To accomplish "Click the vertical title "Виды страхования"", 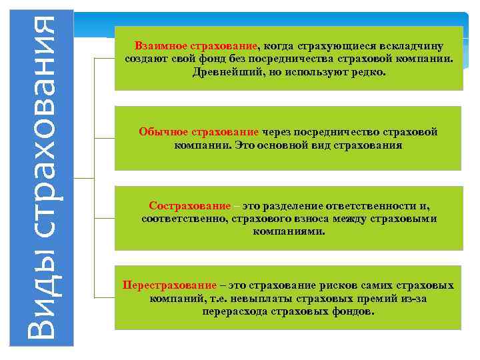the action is tap(41, 179).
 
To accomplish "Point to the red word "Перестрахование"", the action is tap(170, 285).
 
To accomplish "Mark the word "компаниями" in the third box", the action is tap(289, 232).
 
